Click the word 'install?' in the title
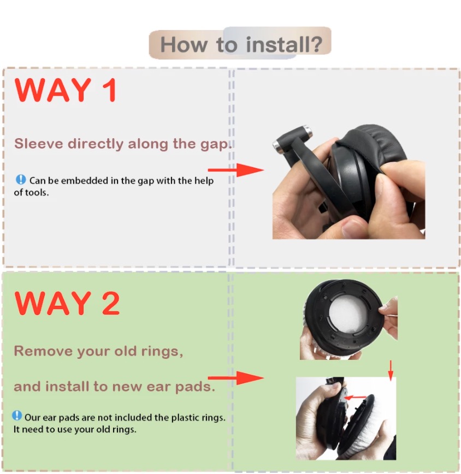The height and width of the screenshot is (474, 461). click(x=284, y=44)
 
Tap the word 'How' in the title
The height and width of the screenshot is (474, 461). click(x=184, y=44)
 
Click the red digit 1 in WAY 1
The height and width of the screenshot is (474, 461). click(x=109, y=90)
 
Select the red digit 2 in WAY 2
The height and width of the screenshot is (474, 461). click(x=111, y=303)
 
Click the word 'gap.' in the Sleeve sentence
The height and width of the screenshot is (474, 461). click(x=216, y=144)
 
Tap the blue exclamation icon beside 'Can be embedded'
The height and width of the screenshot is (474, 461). click(x=21, y=180)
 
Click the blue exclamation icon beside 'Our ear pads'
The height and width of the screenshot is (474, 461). click(x=17, y=416)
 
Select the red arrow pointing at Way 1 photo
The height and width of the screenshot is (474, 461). click(x=236, y=170)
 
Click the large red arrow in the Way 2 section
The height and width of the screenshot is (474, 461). click(x=236, y=378)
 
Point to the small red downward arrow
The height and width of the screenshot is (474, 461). click(x=391, y=371)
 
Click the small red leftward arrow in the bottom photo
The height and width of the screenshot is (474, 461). click(x=356, y=397)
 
